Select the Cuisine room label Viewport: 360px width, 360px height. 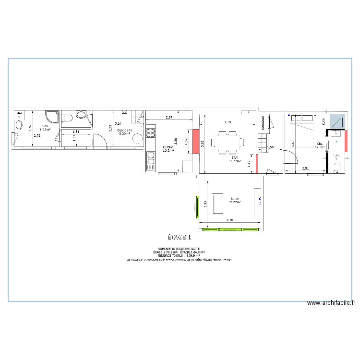[x=168, y=147]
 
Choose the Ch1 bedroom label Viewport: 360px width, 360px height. [x=319, y=144]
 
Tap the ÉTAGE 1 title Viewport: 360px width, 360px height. [x=180, y=237]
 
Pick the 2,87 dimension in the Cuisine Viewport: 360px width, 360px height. [x=169, y=118]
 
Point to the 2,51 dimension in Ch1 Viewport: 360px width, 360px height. [x=306, y=168]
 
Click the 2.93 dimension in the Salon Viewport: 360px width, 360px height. [x=204, y=204]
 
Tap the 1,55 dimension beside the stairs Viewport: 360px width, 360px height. [x=270, y=147]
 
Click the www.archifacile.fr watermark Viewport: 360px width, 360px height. [x=331, y=303]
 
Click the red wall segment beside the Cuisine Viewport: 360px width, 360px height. [x=196, y=142]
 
